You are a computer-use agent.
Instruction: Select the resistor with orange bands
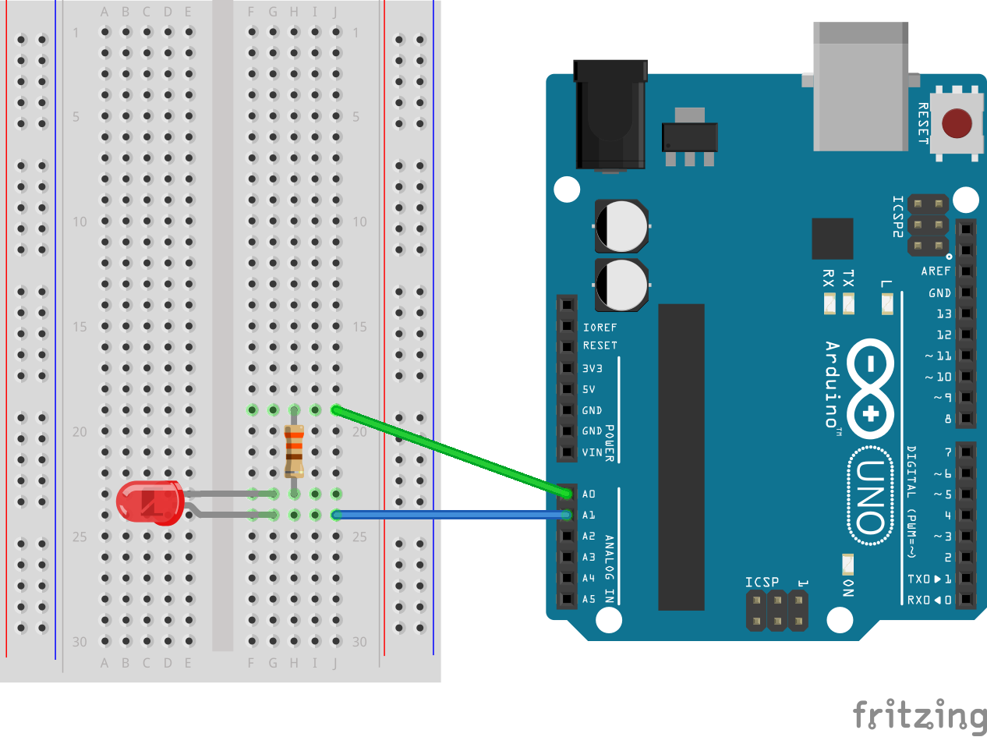(294, 452)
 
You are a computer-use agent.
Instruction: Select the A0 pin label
(589, 494)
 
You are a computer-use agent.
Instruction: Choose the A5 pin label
(589, 599)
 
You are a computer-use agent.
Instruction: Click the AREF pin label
(936, 271)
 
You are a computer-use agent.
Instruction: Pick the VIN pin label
(592, 452)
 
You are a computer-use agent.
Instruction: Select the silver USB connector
(861, 86)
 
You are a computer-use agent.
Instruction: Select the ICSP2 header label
(897, 216)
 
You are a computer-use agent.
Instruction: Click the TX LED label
(848, 279)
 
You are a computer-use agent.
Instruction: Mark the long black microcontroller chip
(681, 457)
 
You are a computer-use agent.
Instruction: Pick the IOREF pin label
(600, 327)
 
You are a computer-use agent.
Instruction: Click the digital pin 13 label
(943, 314)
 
